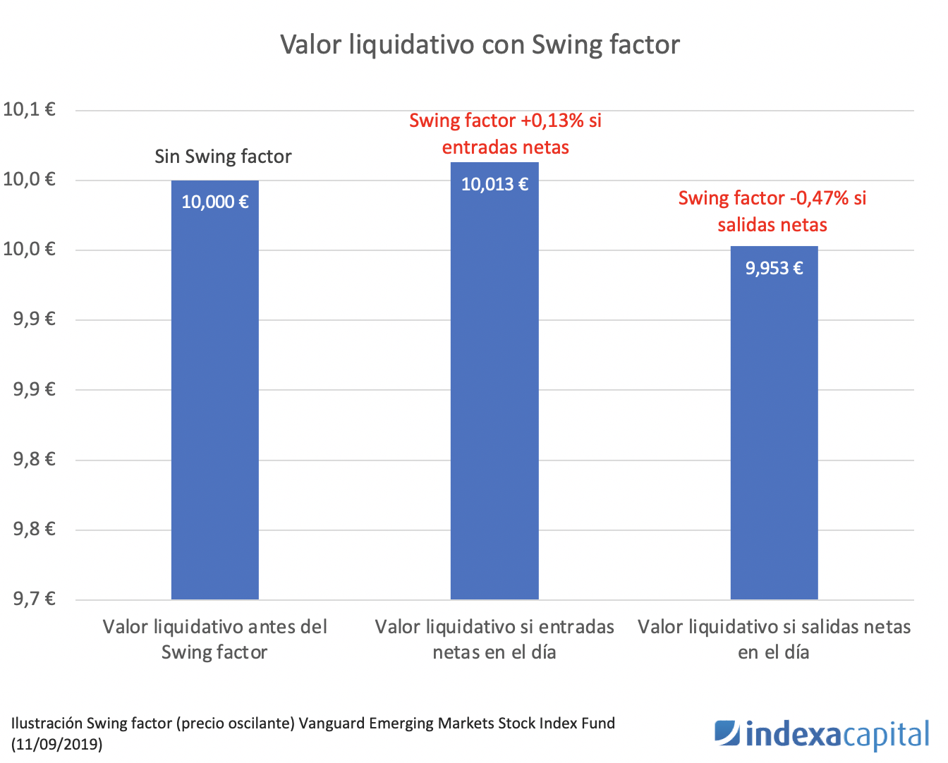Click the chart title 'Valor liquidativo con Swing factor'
(x=480, y=44)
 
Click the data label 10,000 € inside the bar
(x=214, y=202)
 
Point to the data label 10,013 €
(x=494, y=185)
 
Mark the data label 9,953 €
(x=774, y=268)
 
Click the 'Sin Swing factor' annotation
(x=223, y=157)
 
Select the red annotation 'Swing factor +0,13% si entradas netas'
(x=505, y=134)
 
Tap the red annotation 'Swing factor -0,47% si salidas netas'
(x=772, y=212)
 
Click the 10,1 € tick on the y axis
(x=29, y=109)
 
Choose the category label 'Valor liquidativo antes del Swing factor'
(x=214, y=639)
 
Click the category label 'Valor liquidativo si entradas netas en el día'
(x=494, y=639)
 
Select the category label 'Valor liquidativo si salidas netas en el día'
(x=774, y=639)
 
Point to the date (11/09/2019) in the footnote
(x=56, y=744)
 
